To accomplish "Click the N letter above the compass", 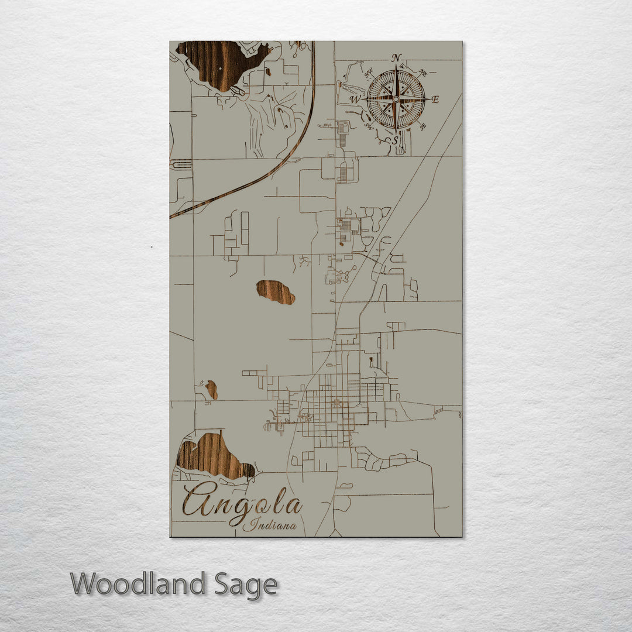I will tap(397, 57).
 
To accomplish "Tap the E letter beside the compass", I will tap(435, 99).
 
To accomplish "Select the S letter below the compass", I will tap(396, 140).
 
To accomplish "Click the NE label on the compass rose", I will tap(423, 73).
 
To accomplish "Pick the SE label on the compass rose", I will tap(423, 126).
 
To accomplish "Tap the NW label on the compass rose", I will tap(369, 74).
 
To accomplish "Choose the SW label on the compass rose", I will tap(369, 125).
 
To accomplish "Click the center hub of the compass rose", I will tap(396, 99).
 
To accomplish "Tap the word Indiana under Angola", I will tap(269, 525).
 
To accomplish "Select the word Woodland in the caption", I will tap(138, 585).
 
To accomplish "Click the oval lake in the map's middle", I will tap(276, 292).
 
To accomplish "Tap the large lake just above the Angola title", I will tap(211, 455).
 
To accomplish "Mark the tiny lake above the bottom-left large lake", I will tap(211, 389).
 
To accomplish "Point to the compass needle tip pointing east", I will tap(427, 99).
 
